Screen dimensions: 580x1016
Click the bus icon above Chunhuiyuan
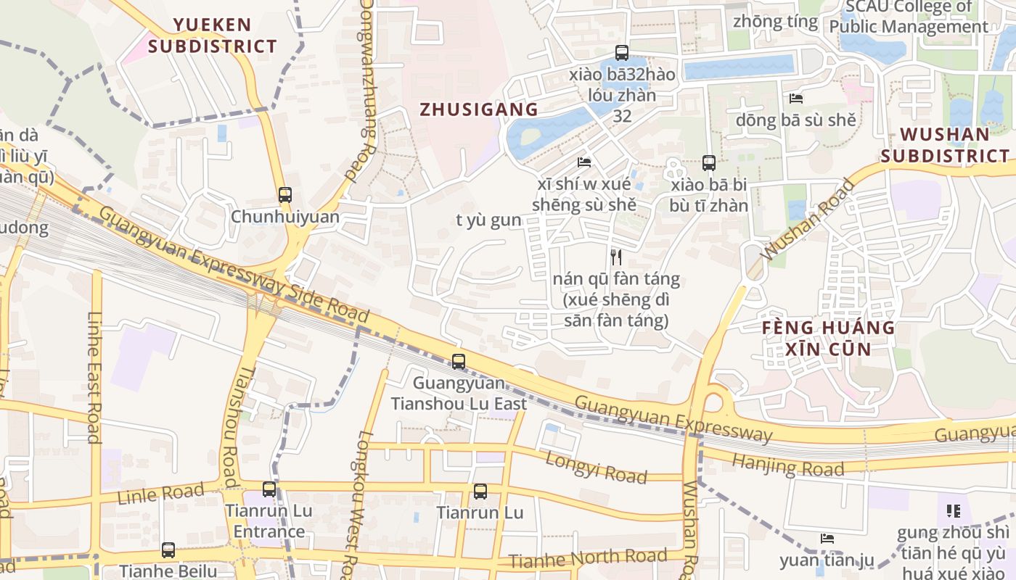285,194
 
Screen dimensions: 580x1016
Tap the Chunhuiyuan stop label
285,217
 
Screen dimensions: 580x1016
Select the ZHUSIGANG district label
479,109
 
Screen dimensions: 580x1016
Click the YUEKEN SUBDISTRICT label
213,36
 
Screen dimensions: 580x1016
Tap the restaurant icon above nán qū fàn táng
616,257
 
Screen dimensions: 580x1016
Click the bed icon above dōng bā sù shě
796,99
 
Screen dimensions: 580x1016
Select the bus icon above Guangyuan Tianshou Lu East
459,361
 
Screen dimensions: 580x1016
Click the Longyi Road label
596,466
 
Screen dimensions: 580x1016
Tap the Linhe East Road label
94,377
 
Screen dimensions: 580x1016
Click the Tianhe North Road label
587,558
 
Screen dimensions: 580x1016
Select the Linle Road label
160,494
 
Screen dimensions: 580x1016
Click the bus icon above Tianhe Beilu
168,550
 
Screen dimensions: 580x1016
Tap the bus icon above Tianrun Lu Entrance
269,489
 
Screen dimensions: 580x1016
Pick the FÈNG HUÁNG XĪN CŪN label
828,338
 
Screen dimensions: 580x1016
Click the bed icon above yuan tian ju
827,539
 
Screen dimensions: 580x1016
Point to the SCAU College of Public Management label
909,17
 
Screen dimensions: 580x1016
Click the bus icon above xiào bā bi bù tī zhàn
709,163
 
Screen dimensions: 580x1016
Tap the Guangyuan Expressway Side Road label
234,264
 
